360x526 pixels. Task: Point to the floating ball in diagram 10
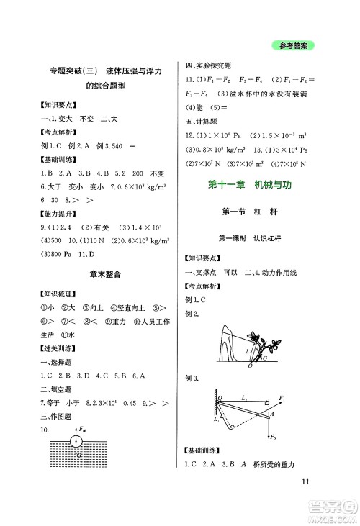point(77,437)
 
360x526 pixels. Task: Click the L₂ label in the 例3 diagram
point(244,397)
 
